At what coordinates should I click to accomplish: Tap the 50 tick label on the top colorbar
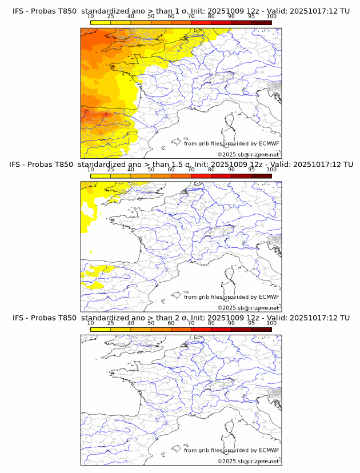tap(151, 16)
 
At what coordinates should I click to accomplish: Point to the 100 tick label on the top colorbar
tap(271, 16)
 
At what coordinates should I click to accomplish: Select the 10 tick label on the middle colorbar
tap(90, 170)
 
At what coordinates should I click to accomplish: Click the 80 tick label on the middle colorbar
tap(211, 170)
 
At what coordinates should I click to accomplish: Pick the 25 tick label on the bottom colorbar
tap(111, 323)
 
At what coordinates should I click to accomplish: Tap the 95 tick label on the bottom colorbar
tap(251, 323)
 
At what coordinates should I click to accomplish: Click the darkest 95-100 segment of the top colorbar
tap(261, 22)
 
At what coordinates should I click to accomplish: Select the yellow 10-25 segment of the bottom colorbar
tap(101, 329)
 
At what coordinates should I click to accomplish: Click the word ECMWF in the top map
tap(269, 143)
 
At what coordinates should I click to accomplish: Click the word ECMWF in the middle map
tap(269, 297)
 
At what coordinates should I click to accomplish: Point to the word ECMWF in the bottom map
tap(269, 450)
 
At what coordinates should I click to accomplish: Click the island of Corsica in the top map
tap(229, 122)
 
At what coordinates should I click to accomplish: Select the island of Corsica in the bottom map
tap(229, 428)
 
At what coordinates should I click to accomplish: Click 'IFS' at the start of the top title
tap(19, 11)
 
